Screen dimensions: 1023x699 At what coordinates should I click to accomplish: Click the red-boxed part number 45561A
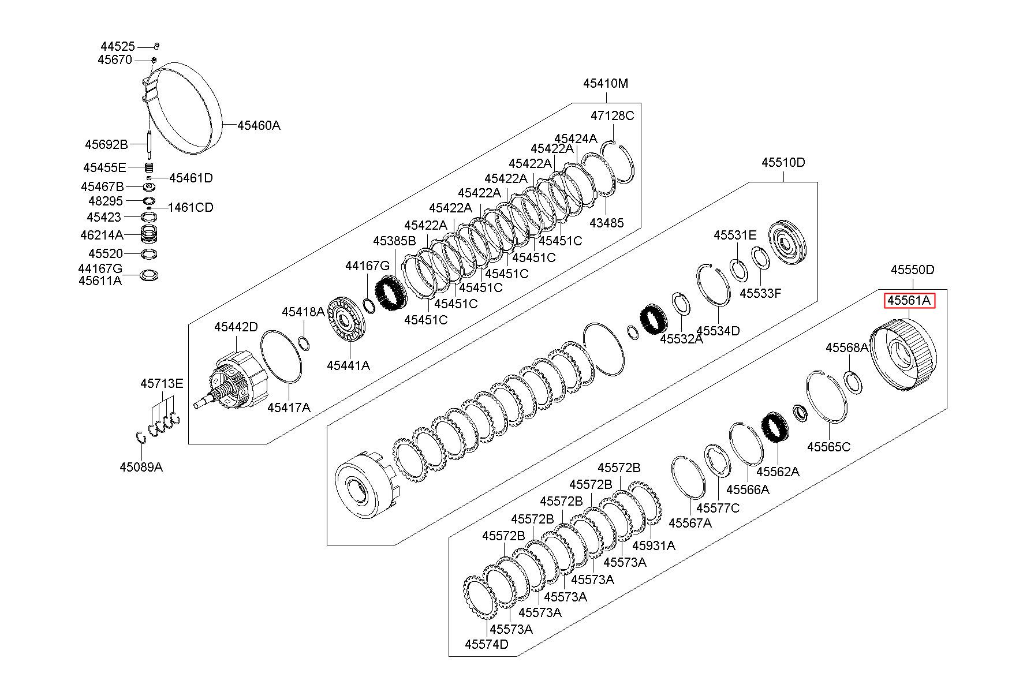coord(909,301)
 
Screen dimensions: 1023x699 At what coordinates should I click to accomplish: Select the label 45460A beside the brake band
coord(259,125)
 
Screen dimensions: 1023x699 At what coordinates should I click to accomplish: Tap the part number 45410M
coord(606,83)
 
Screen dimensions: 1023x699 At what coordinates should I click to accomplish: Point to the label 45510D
coord(783,162)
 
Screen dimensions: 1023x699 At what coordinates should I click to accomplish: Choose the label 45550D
coord(912,270)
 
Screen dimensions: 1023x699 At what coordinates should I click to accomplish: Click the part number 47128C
coord(612,115)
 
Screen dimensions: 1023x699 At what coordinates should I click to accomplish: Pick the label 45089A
coord(141,467)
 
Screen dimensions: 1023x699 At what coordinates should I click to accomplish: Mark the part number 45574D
coord(487,644)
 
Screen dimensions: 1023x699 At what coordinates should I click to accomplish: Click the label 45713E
coord(162,383)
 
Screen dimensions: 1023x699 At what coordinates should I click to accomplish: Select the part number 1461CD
coord(191,207)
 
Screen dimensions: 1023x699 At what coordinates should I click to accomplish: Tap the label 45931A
coord(654,545)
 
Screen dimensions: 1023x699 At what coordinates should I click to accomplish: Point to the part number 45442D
coord(236,327)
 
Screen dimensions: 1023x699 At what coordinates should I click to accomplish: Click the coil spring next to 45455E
coord(149,167)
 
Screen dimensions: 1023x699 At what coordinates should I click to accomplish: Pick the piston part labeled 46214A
coord(150,234)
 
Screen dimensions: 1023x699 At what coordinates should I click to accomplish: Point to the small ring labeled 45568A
coord(853,382)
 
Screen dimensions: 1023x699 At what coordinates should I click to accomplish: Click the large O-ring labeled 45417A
coord(281,357)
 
